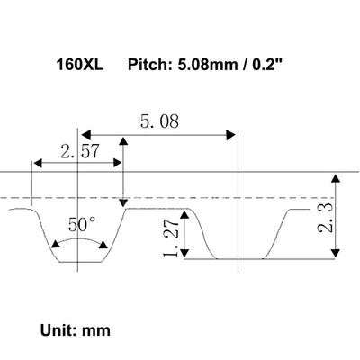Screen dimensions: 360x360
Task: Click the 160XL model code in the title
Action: (80, 65)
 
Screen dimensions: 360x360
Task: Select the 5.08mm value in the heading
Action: (209, 65)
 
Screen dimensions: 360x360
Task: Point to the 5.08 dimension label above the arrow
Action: (159, 121)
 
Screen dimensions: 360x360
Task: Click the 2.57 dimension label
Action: (79, 151)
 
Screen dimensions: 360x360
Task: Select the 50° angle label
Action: (82, 225)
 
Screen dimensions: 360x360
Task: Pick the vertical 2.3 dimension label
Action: (325, 218)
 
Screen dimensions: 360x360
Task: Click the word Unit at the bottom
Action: (58, 330)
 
